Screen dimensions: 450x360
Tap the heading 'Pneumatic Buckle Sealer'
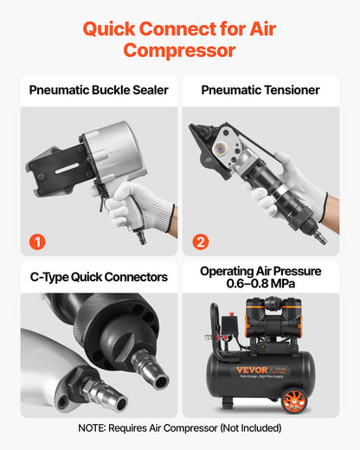click(x=99, y=90)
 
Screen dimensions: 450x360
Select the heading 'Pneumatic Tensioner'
click(x=260, y=90)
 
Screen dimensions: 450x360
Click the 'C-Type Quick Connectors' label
click(x=99, y=277)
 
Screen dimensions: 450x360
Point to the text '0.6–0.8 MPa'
click(x=260, y=285)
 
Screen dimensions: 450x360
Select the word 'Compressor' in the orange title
click(x=179, y=50)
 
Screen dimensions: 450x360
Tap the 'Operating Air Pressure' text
click(x=260, y=271)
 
